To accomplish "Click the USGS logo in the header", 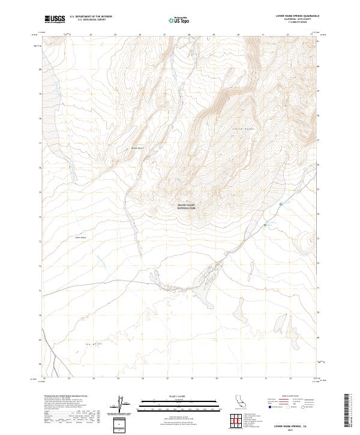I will coord(55,19).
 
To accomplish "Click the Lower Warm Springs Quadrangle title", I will coord(296,15).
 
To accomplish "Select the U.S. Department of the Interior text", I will coord(91,17).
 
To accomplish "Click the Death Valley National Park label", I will coord(186,206).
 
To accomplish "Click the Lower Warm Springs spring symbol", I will coord(265,226).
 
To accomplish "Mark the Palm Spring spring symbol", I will coord(280,205).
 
